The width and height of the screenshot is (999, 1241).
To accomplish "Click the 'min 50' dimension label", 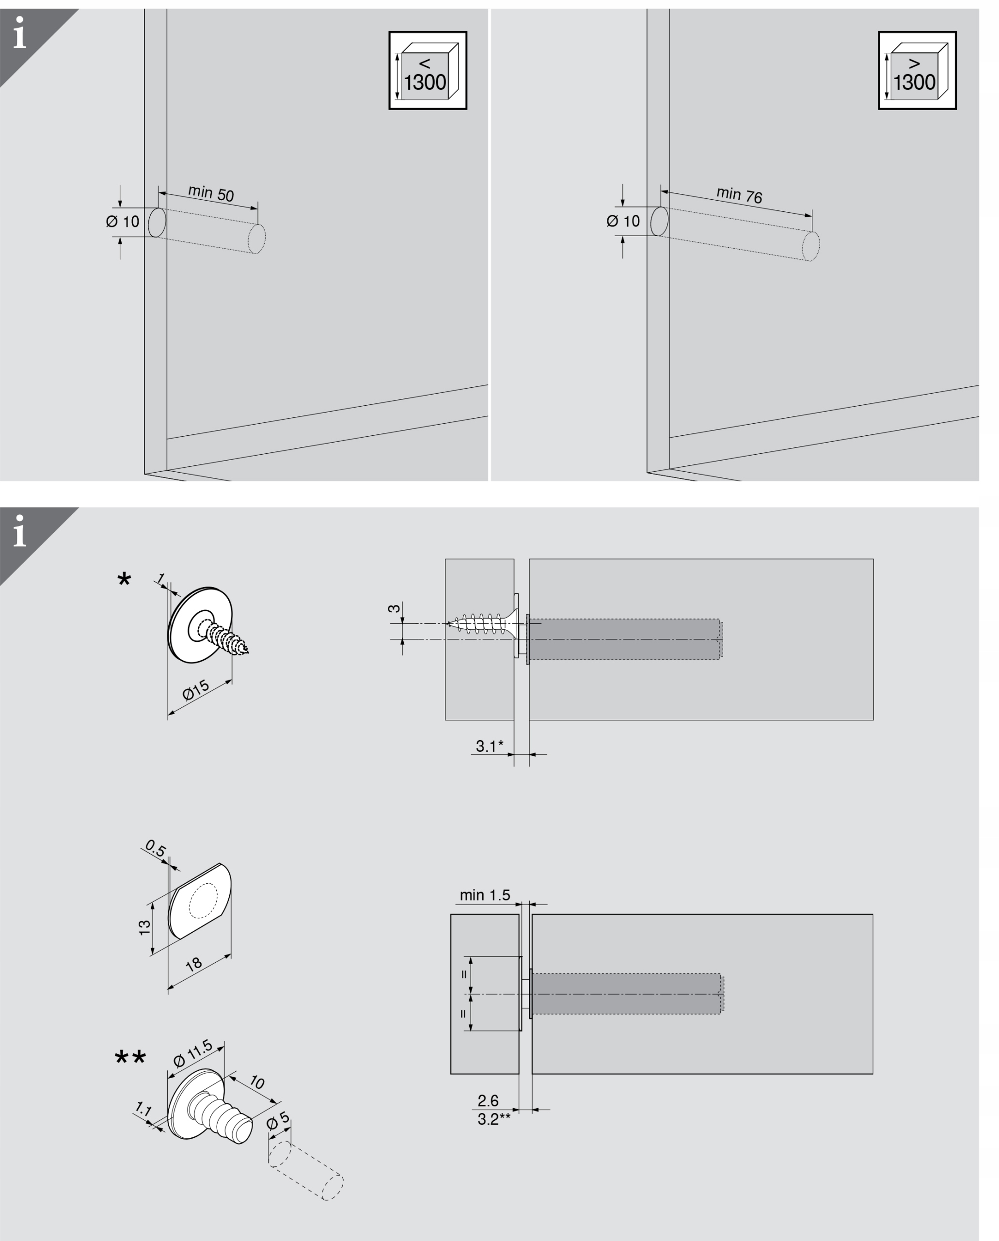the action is click(x=211, y=193).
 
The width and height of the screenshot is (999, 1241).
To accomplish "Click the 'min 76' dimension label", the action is click(x=739, y=195).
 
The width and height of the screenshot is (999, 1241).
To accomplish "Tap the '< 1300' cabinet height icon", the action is click(x=428, y=71).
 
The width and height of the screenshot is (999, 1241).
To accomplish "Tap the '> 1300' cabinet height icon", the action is click(x=917, y=71).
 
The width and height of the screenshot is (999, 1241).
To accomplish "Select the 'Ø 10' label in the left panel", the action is click(x=123, y=222).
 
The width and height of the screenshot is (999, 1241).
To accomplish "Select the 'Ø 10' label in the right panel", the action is click(x=623, y=221).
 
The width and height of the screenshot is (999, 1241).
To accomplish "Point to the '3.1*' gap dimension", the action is click(x=489, y=747).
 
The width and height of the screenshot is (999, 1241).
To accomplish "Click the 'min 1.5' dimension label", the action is click(x=485, y=895).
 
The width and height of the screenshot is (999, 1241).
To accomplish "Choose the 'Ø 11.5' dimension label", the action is click(x=193, y=1053).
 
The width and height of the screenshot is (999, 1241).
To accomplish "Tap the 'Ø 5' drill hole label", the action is click(x=279, y=1122).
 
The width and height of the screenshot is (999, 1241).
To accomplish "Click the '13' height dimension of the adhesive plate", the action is click(x=144, y=927).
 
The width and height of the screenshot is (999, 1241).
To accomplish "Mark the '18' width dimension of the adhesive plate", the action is click(x=194, y=964).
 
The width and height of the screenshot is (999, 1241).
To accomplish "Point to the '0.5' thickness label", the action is click(x=156, y=848).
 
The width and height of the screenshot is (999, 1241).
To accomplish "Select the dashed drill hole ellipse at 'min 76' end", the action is click(x=811, y=246).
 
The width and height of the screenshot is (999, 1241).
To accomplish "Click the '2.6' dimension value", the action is click(x=488, y=1100).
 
